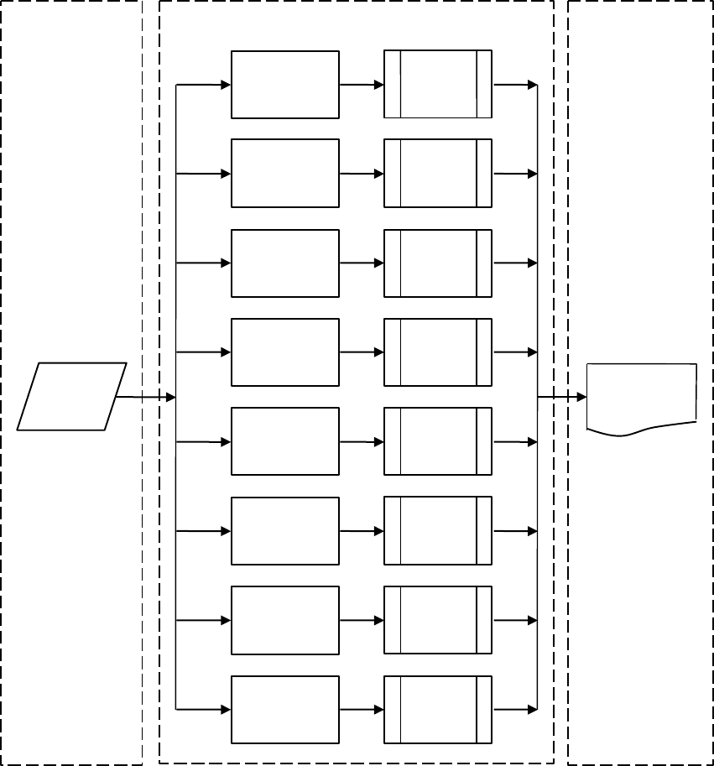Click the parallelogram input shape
tap(72, 397)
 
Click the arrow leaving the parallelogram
tap(145, 397)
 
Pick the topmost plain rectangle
tap(285, 85)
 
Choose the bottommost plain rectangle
tap(285, 709)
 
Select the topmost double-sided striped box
tap(438, 85)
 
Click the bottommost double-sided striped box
tap(438, 709)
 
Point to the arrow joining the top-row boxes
tap(362, 85)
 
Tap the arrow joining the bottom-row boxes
tap(362, 709)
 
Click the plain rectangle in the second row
tap(285, 174)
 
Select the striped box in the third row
tap(438, 263)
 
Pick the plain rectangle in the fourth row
tap(285, 352)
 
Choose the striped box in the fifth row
tap(438, 441)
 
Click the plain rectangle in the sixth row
tap(285, 530)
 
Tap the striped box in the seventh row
tap(438, 620)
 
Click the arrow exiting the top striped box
tap(514, 85)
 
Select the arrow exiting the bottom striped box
tap(514, 709)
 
